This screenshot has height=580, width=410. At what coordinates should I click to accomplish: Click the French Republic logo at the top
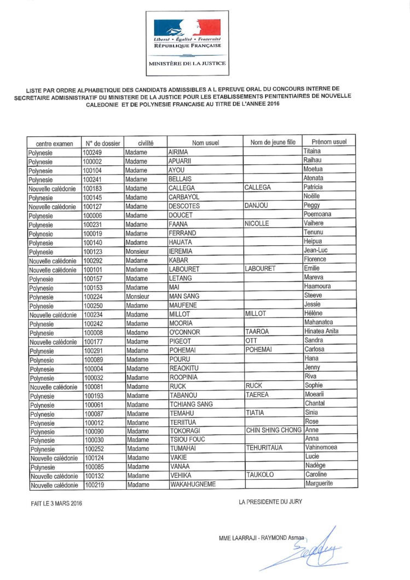187,33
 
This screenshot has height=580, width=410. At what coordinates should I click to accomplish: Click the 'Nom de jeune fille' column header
272,143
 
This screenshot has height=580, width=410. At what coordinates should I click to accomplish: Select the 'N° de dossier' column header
102,143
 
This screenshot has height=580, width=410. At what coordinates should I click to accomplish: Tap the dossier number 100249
93,153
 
